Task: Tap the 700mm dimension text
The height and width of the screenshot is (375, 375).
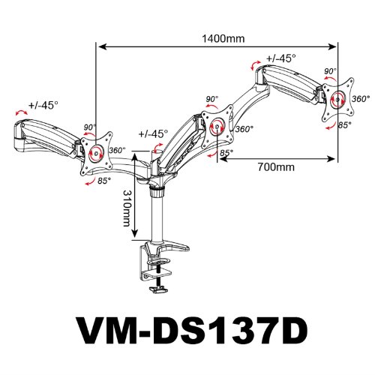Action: point(273,168)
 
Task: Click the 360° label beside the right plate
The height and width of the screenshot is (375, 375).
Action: point(361,99)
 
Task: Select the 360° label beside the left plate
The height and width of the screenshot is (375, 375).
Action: point(117,150)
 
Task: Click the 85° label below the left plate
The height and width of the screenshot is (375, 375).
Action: point(103,181)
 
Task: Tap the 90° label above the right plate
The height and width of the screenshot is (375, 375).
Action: point(329,71)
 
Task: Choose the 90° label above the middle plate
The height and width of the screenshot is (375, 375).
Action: point(211,99)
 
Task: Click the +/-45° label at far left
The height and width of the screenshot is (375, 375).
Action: point(42,105)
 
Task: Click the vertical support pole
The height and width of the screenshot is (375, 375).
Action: point(159,217)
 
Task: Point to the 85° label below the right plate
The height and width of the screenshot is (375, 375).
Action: point(344,125)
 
